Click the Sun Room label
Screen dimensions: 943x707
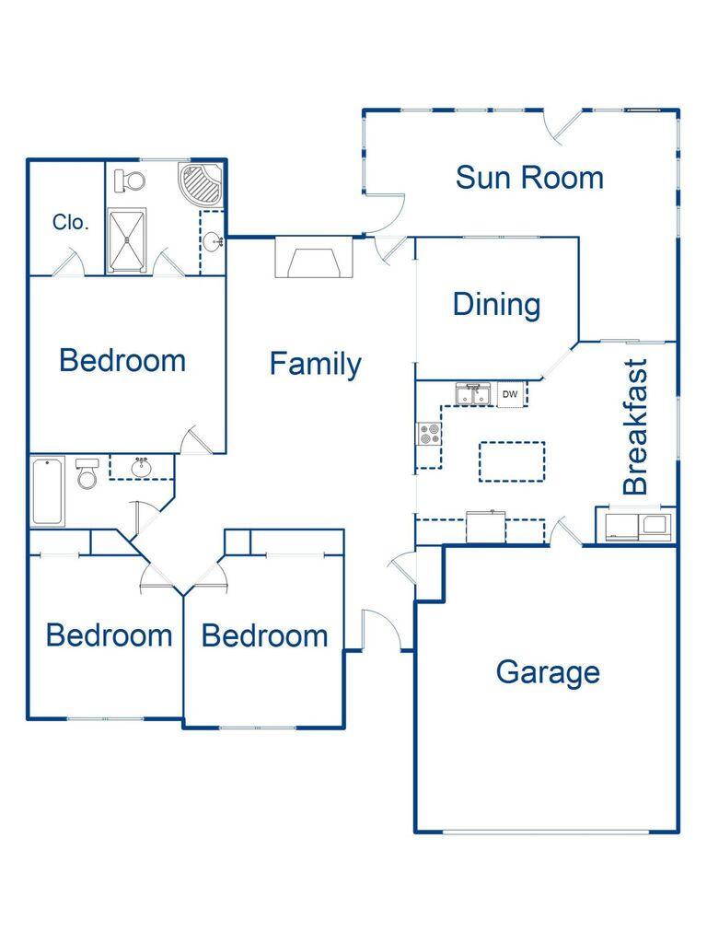529,177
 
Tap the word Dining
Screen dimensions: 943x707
496,305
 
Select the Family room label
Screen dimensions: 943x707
315,365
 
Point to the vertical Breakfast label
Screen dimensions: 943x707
636,426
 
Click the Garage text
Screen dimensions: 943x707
548,672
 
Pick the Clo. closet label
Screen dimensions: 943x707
71,222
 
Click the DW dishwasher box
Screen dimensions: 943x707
510,395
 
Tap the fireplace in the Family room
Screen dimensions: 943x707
314,259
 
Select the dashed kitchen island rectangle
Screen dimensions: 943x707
511,460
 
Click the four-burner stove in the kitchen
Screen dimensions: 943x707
428,433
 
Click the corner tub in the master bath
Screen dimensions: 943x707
200,185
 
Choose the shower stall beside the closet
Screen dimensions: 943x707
127,241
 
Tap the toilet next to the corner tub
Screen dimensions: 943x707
132,180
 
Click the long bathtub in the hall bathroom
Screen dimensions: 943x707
48,492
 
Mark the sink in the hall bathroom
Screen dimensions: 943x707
142,468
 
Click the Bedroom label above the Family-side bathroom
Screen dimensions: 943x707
122,360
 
